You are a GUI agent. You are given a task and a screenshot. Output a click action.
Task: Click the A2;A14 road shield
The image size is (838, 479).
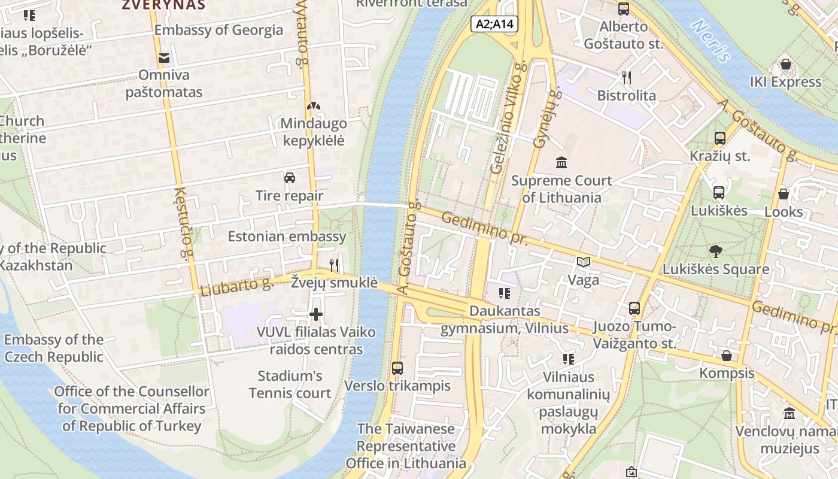[494, 24]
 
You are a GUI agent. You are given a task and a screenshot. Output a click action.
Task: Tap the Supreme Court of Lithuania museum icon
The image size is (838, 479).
[561, 162]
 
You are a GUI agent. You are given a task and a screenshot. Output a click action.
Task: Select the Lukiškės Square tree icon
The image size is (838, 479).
[715, 251]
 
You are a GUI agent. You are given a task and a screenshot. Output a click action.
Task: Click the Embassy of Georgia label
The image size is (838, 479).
[218, 30]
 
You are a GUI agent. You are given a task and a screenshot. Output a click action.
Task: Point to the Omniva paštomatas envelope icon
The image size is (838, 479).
[163, 58]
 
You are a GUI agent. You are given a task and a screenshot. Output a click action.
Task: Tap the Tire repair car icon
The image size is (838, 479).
[290, 178]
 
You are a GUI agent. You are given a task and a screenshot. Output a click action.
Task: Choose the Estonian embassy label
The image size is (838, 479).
[287, 237]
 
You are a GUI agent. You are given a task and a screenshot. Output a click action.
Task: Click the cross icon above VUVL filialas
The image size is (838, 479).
[316, 314]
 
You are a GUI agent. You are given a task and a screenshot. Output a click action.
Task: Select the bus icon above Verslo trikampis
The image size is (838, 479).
[397, 368]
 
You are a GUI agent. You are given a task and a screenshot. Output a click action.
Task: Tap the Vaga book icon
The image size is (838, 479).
[583, 262]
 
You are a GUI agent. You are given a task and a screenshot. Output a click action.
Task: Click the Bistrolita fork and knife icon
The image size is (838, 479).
[627, 77]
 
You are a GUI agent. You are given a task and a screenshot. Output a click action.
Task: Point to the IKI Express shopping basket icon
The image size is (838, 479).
[785, 64]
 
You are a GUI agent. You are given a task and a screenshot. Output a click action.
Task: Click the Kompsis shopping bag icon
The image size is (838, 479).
[727, 356]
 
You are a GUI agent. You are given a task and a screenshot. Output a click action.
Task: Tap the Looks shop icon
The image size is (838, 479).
[784, 194]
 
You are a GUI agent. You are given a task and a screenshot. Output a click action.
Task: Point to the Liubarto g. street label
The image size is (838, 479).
[236, 286]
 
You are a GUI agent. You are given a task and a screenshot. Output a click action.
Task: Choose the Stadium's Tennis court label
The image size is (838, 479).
[290, 384]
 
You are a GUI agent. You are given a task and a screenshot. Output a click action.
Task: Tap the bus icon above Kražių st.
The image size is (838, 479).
[720, 138]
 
